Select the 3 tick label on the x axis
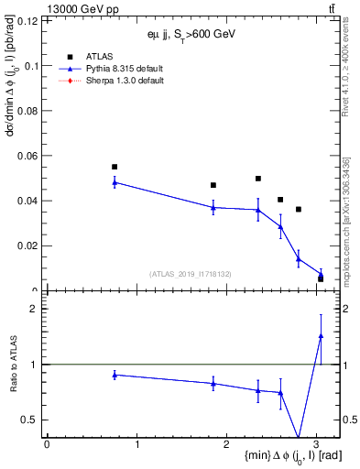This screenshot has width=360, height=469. pos(317,442)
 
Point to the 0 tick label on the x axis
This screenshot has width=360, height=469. pos(47,442)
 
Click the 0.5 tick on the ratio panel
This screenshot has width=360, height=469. pos(33,420)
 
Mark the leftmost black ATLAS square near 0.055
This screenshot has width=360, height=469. pos(115,167)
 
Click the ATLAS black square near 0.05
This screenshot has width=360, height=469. pos(258,179)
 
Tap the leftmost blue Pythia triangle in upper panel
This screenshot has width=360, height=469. pos(115,182)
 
